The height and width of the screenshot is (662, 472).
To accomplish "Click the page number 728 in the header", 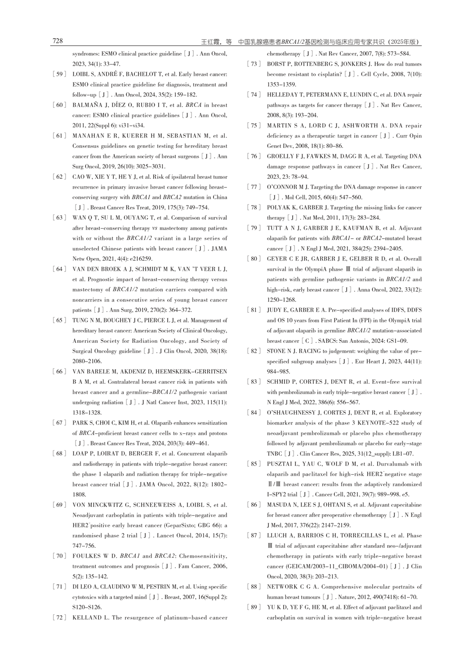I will click(x=58, y=41).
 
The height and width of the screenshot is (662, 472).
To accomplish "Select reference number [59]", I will click(x=59, y=74).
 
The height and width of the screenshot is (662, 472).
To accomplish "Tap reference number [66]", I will click(x=59, y=372).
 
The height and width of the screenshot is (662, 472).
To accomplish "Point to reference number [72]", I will click(x=59, y=618).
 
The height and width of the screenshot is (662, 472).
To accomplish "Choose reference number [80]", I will click(x=254, y=259).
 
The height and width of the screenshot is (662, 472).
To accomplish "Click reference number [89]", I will click(x=254, y=607).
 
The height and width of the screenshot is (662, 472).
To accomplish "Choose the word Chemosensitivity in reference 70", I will click(x=202, y=556).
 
